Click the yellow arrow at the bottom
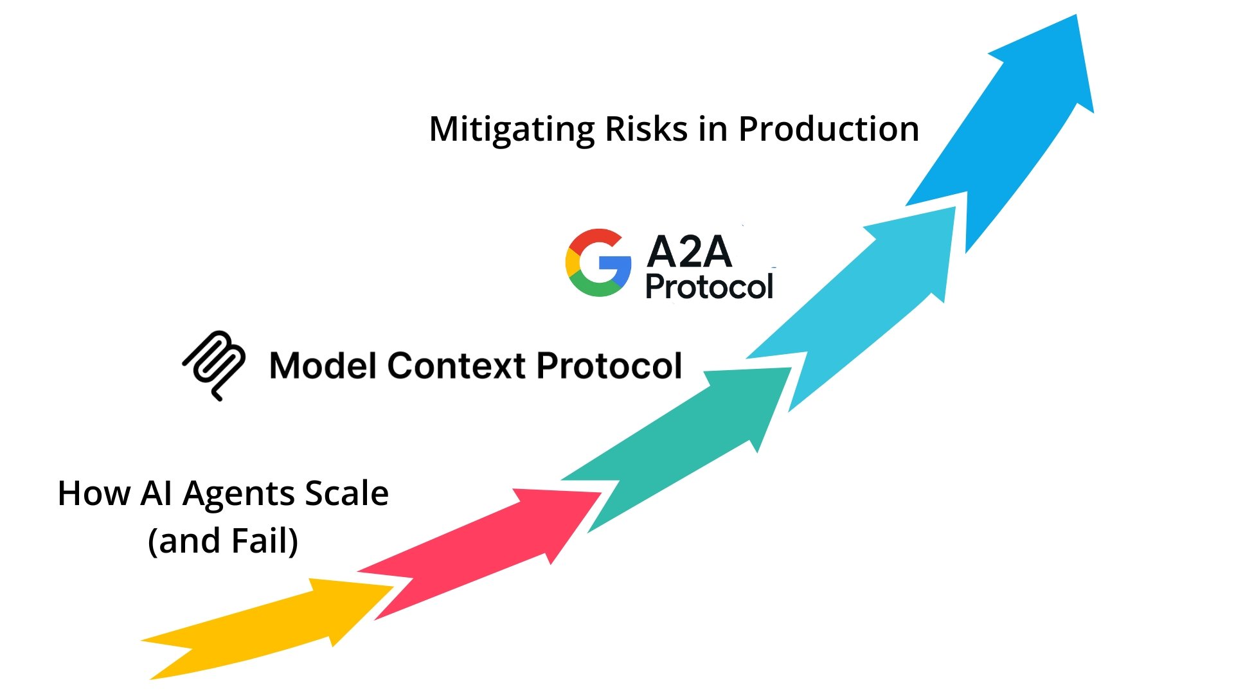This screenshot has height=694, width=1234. click(x=270, y=627)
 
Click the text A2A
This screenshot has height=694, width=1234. click(x=689, y=251)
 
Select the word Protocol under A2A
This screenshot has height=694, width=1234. click(x=709, y=287)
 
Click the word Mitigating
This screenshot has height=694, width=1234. click(x=512, y=129)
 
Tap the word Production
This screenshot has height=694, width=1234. click(x=828, y=129)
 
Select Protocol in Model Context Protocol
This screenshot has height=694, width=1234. click(x=609, y=366)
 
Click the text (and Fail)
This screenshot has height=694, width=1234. click(x=223, y=540)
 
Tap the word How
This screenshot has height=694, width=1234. click(x=94, y=493)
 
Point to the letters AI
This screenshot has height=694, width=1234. click(x=156, y=493)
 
